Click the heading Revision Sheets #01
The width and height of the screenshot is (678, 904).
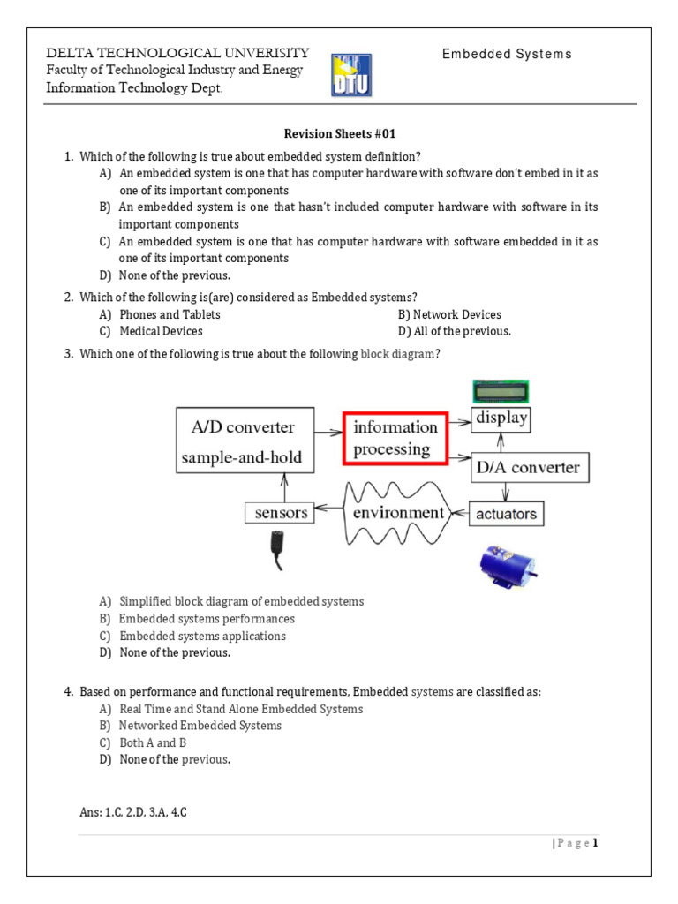click(339, 134)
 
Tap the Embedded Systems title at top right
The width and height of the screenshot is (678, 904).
click(507, 55)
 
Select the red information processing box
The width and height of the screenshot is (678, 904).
click(395, 438)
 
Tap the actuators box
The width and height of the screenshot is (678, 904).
click(506, 513)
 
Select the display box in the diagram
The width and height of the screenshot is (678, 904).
click(501, 418)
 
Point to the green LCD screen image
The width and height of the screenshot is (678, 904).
click(501, 389)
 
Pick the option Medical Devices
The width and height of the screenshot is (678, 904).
click(161, 331)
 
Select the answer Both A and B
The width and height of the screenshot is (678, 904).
click(153, 742)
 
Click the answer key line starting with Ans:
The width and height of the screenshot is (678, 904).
click(133, 813)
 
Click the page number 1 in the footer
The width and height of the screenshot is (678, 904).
click(595, 843)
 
